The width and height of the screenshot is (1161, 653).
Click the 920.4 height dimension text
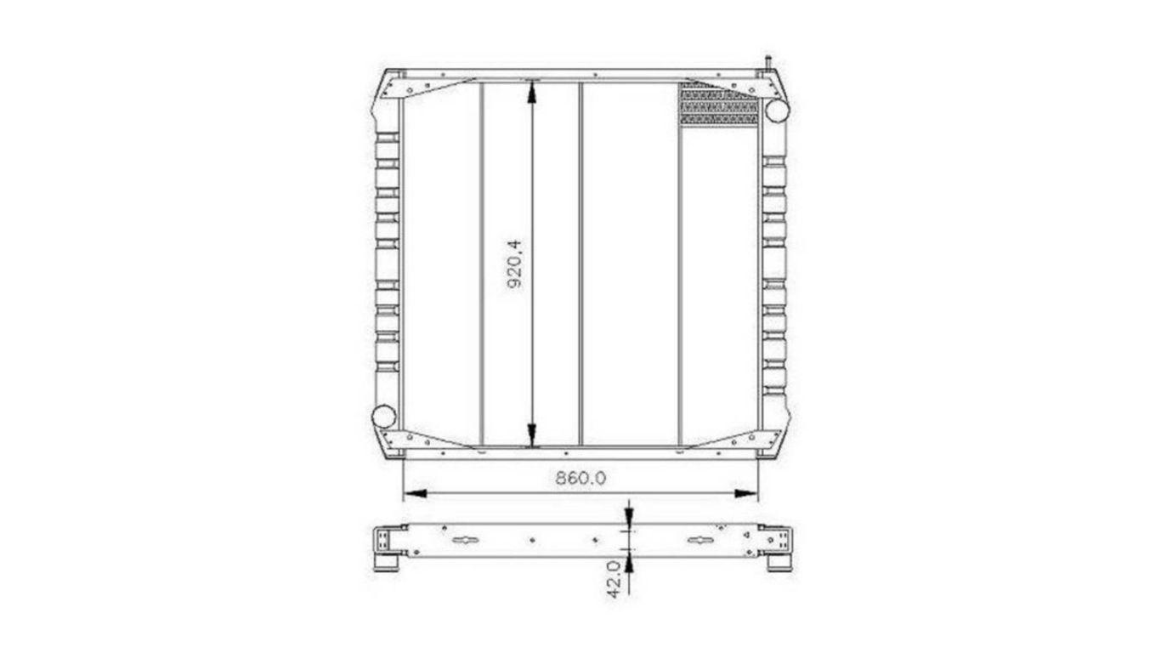(514, 264)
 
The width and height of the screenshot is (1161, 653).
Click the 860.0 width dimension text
(580, 478)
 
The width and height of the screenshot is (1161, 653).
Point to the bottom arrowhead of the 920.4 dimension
(533, 437)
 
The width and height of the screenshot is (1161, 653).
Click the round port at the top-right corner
(776, 111)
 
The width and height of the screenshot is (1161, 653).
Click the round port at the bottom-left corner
(384, 417)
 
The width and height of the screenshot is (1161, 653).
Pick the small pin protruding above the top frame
(768, 63)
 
